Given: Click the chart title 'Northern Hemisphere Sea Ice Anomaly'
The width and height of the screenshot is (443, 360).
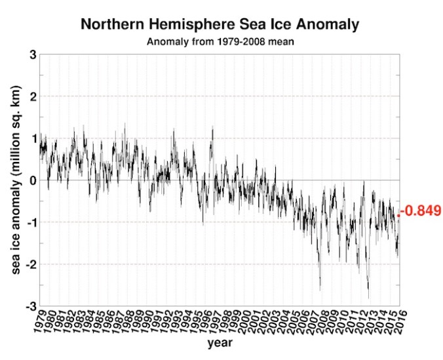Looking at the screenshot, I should [x=220, y=25].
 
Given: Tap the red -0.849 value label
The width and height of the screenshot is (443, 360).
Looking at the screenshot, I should [x=421, y=211].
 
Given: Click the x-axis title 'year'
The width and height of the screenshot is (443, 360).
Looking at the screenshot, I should [x=220, y=342].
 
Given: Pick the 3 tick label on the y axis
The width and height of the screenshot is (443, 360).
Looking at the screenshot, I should [x=31, y=54].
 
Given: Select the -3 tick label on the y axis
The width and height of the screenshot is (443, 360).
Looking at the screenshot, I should [x=29, y=306].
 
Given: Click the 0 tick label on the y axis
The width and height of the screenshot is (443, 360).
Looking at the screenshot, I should [x=31, y=180].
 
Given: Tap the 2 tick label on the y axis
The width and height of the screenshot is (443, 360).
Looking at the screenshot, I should [x=31, y=96].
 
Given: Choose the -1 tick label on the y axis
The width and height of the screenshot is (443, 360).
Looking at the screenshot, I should [x=29, y=222].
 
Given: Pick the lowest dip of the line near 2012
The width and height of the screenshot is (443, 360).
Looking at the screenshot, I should [x=368, y=298].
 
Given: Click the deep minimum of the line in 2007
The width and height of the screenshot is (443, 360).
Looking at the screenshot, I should [x=320, y=290].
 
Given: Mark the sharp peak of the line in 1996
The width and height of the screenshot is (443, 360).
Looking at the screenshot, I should [x=212, y=127].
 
